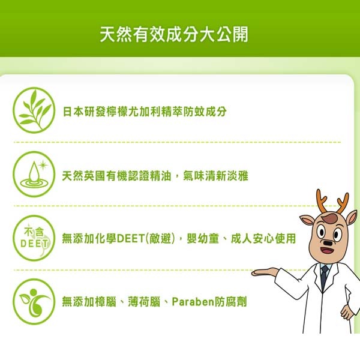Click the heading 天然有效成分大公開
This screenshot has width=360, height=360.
click(x=174, y=34)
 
